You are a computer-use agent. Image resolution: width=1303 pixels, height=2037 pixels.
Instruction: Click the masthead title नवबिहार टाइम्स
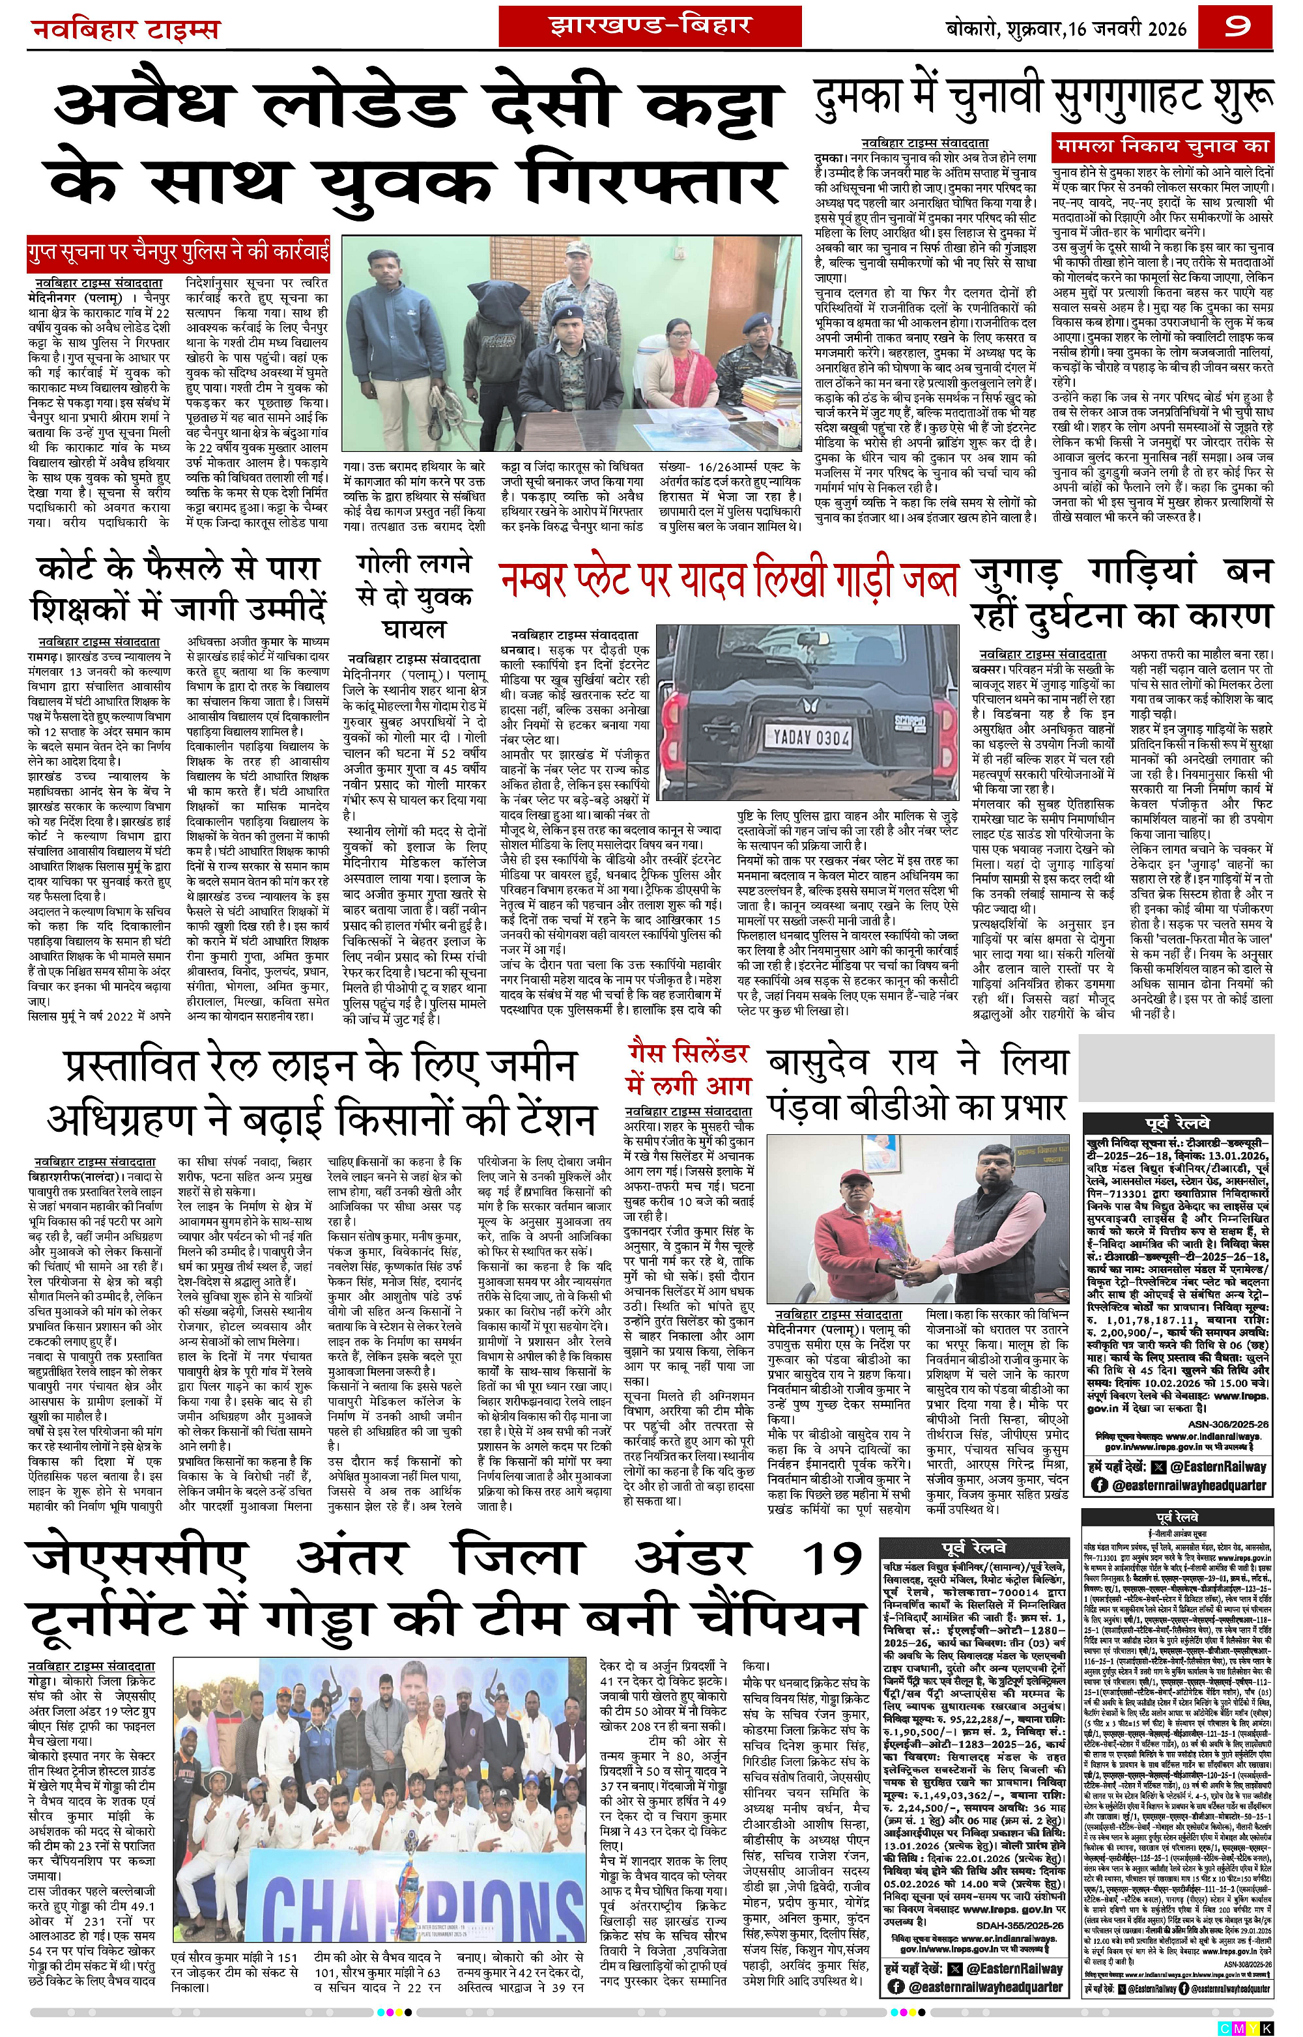(125, 31)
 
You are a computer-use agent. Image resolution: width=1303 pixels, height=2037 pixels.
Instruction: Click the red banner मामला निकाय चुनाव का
(1162, 145)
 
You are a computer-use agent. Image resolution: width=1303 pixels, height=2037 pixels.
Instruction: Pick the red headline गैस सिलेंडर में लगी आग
(687, 1069)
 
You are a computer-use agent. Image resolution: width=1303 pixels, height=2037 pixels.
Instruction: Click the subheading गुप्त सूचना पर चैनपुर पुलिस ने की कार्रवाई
(179, 252)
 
